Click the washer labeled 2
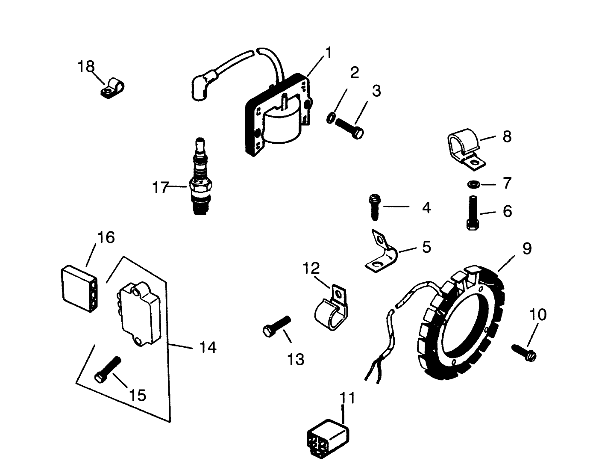[x=331, y=118]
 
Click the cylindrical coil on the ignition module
[x=281, y=124]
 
